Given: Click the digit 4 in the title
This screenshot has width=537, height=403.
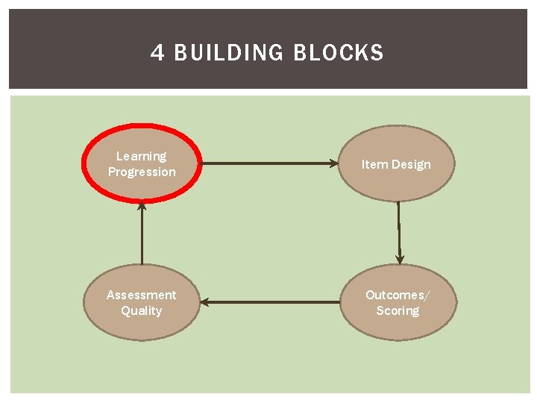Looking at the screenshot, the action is pyautogui.click(x=157, y=53).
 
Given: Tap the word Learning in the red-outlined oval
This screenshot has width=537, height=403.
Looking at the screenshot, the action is pyautogui.click(x=142, y=156).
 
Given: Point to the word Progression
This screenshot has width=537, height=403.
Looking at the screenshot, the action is pyautogui.click(x=142, y=172).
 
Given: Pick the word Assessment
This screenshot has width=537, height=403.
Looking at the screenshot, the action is pyautogui.click(x=142, y=295).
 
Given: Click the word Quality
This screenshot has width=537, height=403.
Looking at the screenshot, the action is pyautogui.click(x=142, y=310).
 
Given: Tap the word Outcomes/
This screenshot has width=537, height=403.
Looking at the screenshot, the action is pyautogui.click(x=398, y=295).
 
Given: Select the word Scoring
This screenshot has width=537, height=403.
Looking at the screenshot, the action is pyautogui.click(x=398, y=310).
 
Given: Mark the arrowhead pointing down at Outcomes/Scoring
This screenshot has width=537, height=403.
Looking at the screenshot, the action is pyautogui.click(x=400, y=259).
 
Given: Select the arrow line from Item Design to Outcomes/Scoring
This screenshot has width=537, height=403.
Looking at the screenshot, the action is pyautogui.click(x=399, y=228).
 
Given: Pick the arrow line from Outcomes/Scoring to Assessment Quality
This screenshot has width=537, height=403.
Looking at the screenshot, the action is pyautogui.click(x=272, y=302).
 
